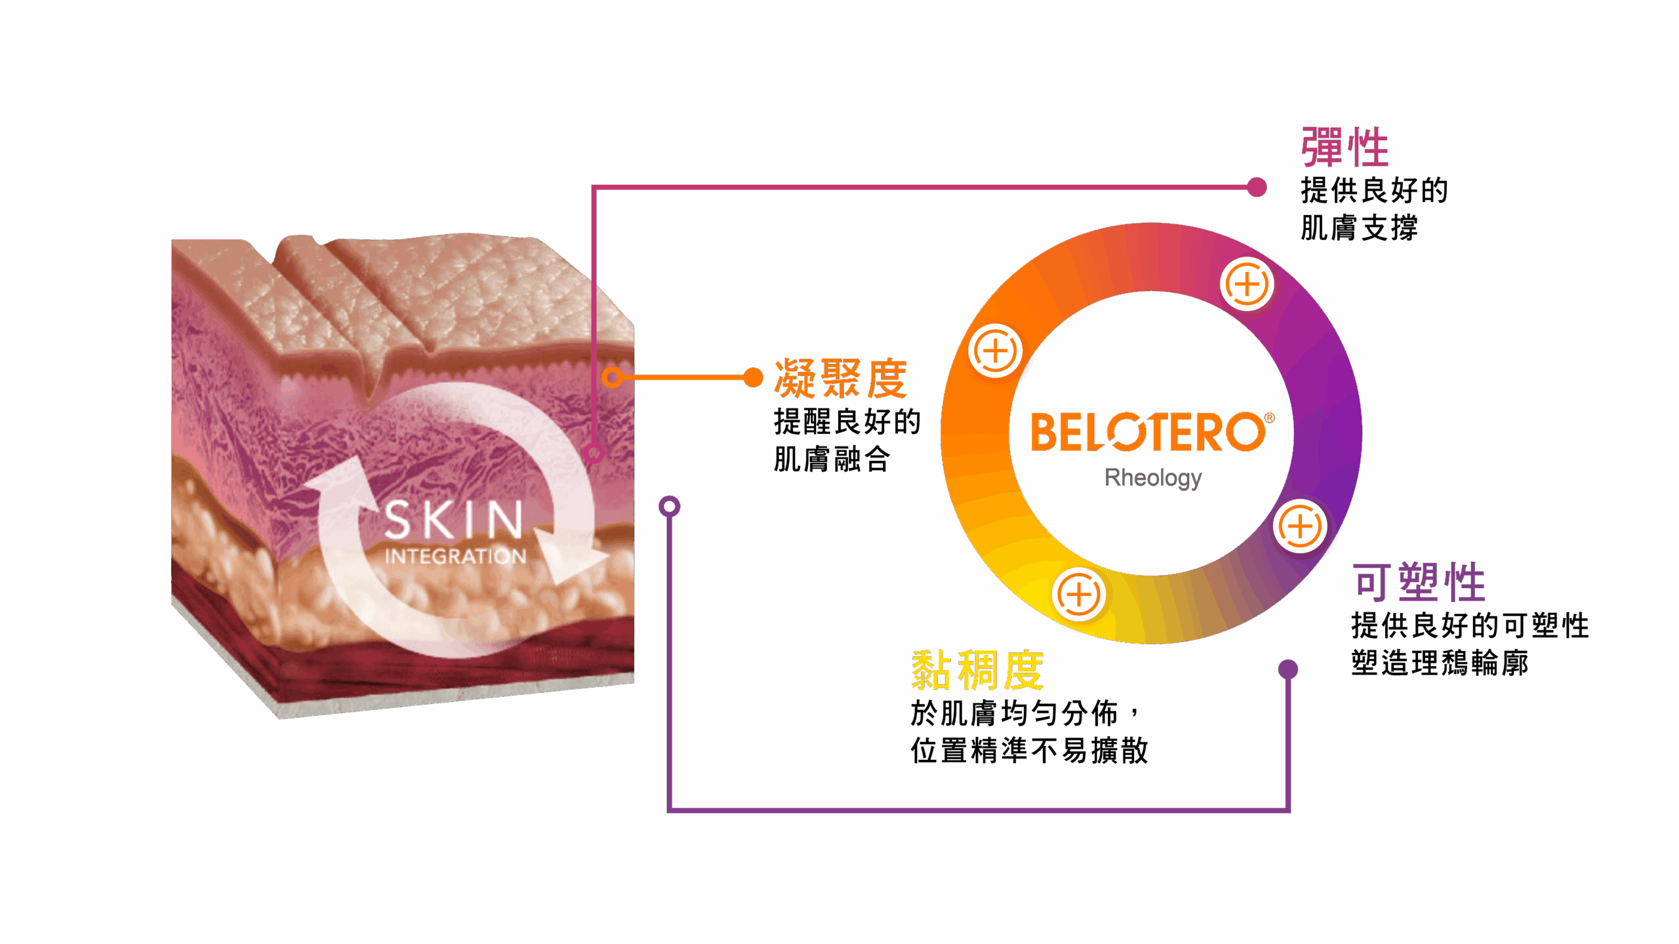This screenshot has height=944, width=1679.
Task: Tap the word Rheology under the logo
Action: coord(1153,478)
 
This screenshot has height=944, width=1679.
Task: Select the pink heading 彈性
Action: coord(1345,147)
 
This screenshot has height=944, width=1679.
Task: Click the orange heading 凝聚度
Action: coord(841,379)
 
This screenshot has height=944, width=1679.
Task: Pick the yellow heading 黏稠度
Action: coord(977,670)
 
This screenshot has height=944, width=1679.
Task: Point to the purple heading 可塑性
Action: coord(1419,582)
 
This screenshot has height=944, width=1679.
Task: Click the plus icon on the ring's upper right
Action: coord(1247,285)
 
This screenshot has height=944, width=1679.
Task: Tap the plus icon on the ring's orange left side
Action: coord(995,351)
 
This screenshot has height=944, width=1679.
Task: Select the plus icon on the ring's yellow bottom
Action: coord(1079,595)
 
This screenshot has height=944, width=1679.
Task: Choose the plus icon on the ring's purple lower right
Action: coord(1300,526)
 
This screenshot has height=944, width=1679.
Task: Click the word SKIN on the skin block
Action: coord(454,520)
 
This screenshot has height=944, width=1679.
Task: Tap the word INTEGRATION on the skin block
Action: coord(455,557)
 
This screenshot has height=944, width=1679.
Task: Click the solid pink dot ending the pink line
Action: coord(1257,187)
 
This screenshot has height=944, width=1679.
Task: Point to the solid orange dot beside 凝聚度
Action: coord(754,378)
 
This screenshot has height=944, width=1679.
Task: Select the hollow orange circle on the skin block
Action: coord(612,378)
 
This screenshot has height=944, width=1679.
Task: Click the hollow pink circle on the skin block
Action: coord(594,452)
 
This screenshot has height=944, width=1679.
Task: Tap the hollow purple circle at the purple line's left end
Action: coord(669,506)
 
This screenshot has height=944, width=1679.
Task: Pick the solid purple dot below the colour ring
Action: coord(1288,669)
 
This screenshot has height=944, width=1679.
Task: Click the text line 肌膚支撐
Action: coord(1359,228)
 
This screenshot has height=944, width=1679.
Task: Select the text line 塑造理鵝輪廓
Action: coord(1440,663)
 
